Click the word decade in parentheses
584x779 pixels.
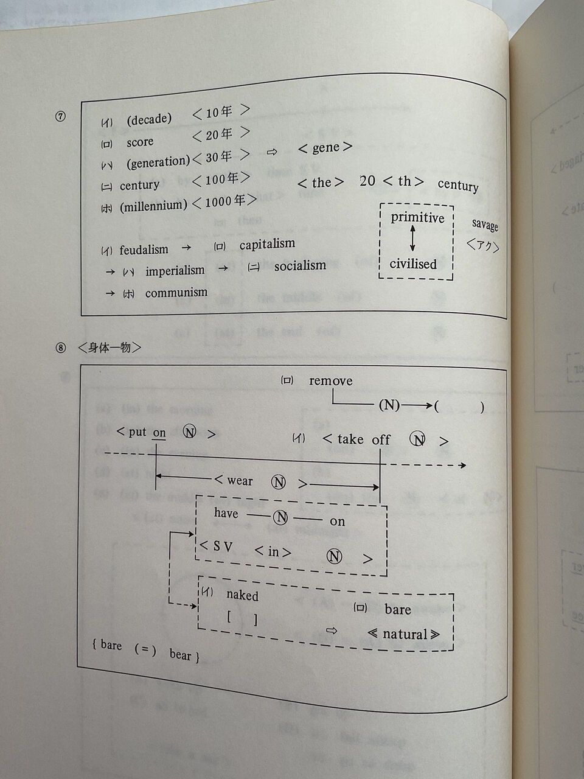pos(149,119)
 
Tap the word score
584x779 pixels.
pos(140,142)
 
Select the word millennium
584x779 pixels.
pos(153,206)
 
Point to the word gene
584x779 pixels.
pos(325,148)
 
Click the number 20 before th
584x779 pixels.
pos(367,181)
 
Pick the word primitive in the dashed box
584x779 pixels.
pos(417,218)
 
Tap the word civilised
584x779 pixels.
pos(413,264)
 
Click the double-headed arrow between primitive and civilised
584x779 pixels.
pos(413,239)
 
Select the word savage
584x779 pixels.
pos(485,225)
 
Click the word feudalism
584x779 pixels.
pos(144,250)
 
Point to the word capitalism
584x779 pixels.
pos(267,244)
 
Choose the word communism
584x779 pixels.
pos(176,293)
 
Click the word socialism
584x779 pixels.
pos(300,265)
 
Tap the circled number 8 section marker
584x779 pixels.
pos(60,348)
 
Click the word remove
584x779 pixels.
pos(330,381)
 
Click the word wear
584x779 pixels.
pos(240,481)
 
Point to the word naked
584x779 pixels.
pos(242,595)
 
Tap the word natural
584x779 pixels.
pos(405,634)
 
